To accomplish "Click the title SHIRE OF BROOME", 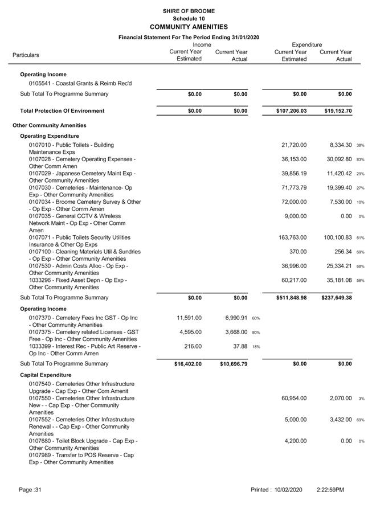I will point(189,11).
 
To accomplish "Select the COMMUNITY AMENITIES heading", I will point(189,27).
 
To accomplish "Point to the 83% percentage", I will point(361,159).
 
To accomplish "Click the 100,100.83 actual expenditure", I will point(337,237).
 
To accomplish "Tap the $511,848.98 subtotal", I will point(292,298).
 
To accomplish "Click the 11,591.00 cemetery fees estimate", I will point(188,318).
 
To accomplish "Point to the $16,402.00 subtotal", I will point(188,364).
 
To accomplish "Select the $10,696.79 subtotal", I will point(234,364).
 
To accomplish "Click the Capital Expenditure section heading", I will point(46,375).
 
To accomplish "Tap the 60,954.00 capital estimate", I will point(294,398).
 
